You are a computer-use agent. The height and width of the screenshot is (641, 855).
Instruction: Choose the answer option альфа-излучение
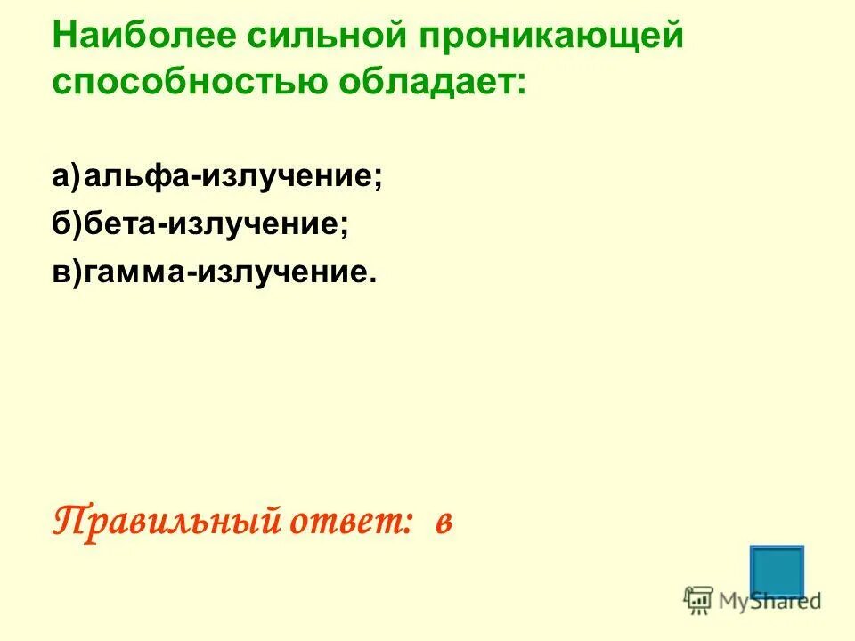click(x=233, y=176)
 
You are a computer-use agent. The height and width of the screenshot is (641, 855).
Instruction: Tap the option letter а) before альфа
click(x=66, y=176)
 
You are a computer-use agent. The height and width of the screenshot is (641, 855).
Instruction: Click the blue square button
click(x=777, y=572)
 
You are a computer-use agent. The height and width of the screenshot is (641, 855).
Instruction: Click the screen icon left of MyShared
click(x=698, y=600)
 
